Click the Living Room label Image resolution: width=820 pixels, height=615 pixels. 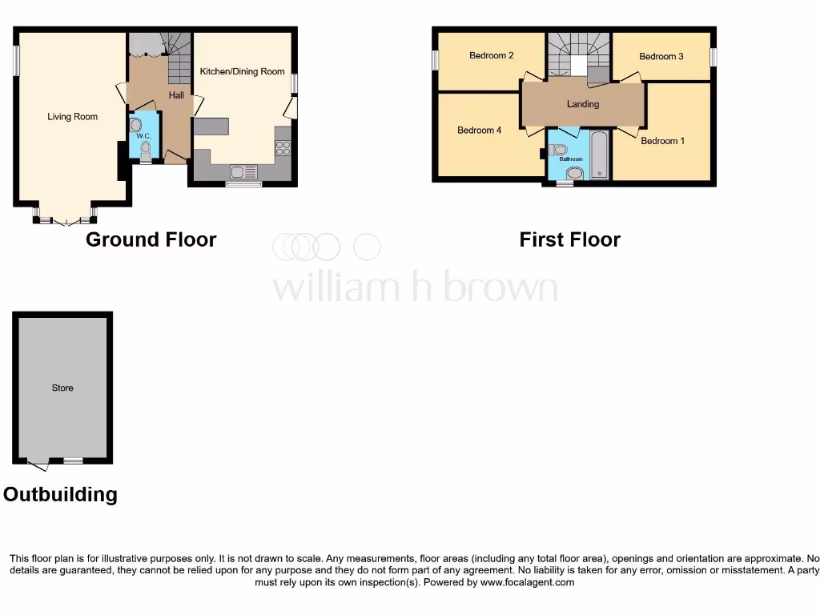click(x=72, y=117)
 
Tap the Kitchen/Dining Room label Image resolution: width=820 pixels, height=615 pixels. click(x=242, y=71)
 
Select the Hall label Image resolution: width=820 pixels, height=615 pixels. click(x=176, y=95)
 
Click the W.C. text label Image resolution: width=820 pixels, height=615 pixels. click(x=143, y=136)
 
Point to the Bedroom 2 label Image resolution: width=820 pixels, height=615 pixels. click(x=491, y=56)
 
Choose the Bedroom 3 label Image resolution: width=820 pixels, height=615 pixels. click(x=661, y=57)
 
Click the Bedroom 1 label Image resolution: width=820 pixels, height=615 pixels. click(x=662, y=141)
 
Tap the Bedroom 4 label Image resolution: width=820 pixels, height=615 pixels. click(x=479, y=130)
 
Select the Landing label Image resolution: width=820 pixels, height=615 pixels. click(x=582, y=104)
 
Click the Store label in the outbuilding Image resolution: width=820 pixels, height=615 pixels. click(x=62, y=388)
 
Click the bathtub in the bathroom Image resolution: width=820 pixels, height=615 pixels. click(x=599, y=155)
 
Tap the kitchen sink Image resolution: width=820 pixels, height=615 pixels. click(x=243, y=171)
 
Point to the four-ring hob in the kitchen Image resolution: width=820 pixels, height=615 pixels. click(x=283, y=148)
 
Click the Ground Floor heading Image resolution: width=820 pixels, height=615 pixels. click(x=151, y=239)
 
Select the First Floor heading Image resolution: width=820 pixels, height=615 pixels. click(x=569, y=239)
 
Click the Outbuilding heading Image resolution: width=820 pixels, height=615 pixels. click(x=60, y=494)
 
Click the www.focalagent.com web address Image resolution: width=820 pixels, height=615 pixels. click(x=527, y=582)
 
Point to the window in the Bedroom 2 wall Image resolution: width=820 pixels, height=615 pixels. click(x=435, y=60)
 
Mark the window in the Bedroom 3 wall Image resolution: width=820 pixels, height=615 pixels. click(x=713, y=58)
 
